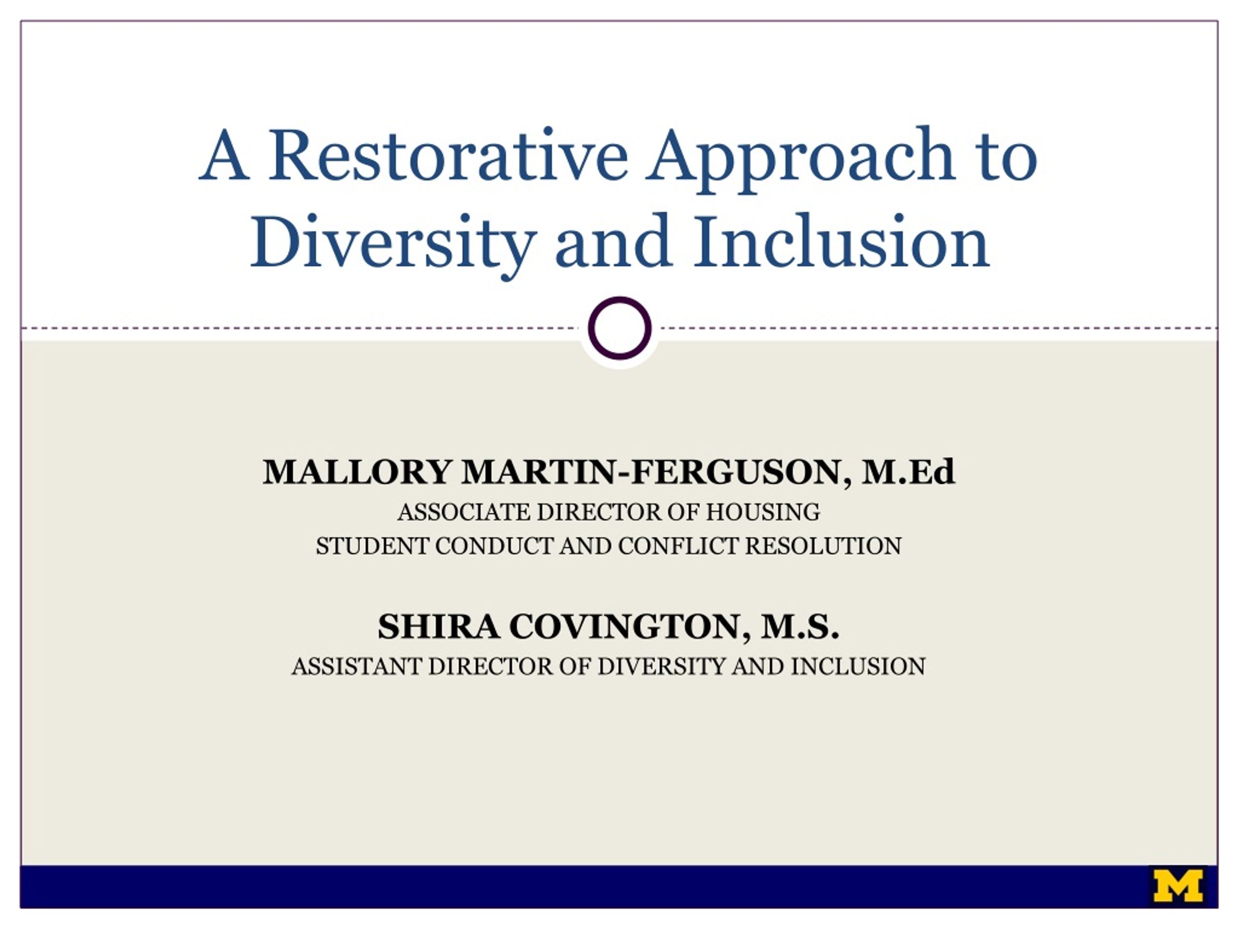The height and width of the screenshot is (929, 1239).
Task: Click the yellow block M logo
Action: [x=1178, y=886]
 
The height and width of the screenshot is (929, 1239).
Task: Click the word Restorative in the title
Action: [x=449, y=155]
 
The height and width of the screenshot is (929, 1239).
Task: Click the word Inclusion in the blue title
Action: [x=842, y=241]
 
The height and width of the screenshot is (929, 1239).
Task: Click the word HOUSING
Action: [x=763, y=512]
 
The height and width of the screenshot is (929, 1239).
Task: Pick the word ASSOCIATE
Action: [x=464, y=512]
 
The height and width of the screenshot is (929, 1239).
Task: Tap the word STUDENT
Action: [x=373, y=546]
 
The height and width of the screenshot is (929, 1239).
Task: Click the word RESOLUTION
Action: [x=823, y=546]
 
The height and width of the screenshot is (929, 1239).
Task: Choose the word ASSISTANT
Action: [x=357, y=666]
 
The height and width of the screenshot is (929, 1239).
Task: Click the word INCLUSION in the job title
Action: [x=858, y=666]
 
